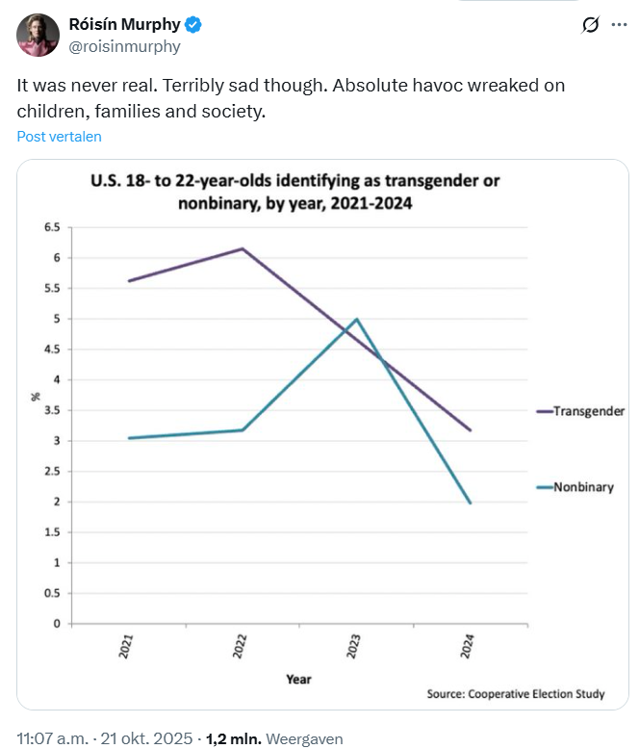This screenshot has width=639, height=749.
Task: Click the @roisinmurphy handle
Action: [124, 45]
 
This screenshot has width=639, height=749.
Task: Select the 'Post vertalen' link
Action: [59, 137]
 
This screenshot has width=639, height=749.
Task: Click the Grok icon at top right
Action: [591, 26]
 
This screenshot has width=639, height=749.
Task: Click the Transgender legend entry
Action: [588, 411]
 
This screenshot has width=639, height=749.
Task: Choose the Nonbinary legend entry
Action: [582, 487]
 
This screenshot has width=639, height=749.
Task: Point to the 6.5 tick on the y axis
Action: [51, 227]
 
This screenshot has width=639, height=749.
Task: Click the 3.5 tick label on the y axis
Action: [51, 410]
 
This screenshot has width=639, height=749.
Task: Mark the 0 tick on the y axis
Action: [57, 624]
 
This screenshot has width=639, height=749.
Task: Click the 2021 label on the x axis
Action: [126, 645]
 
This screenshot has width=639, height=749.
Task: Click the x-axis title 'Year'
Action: [298, 679]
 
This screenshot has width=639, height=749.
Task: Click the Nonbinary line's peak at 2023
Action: [357, 319]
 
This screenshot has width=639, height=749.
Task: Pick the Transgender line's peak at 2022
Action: [243, 248]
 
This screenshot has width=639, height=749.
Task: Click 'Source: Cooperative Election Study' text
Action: [516, 694]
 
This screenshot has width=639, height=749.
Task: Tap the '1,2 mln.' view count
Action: [232, 739]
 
